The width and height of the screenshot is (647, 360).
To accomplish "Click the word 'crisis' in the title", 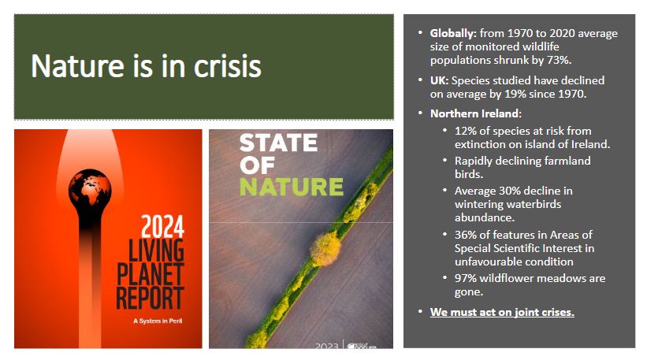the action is click(228, 66).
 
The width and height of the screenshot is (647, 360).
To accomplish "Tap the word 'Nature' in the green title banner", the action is click(77, 66).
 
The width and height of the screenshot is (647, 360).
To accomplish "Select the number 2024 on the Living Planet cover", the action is click(162, 226).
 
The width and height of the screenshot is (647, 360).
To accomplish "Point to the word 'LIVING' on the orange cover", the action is click(156, 251).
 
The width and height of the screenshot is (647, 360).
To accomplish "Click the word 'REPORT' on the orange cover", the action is click(150, 298).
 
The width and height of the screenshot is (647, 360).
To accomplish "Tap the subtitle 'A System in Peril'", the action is click(158, 321).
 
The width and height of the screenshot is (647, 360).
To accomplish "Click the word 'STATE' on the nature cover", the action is click(278, 143).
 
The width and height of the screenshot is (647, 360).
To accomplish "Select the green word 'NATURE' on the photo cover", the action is click(292, 187).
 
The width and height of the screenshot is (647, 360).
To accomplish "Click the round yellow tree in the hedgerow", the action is click(325, 249).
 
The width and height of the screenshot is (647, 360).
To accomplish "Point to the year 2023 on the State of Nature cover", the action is click(327, 346).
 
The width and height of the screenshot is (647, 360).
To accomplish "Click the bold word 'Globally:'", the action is click(453, 33).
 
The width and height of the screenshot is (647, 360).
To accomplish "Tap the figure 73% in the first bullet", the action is click(559, 60).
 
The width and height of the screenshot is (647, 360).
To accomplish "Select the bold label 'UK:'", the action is click(439, 80).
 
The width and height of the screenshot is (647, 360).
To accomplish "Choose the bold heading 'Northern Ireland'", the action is click(474, 113).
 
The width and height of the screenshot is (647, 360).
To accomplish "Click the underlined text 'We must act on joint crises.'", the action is click(502, 312).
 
